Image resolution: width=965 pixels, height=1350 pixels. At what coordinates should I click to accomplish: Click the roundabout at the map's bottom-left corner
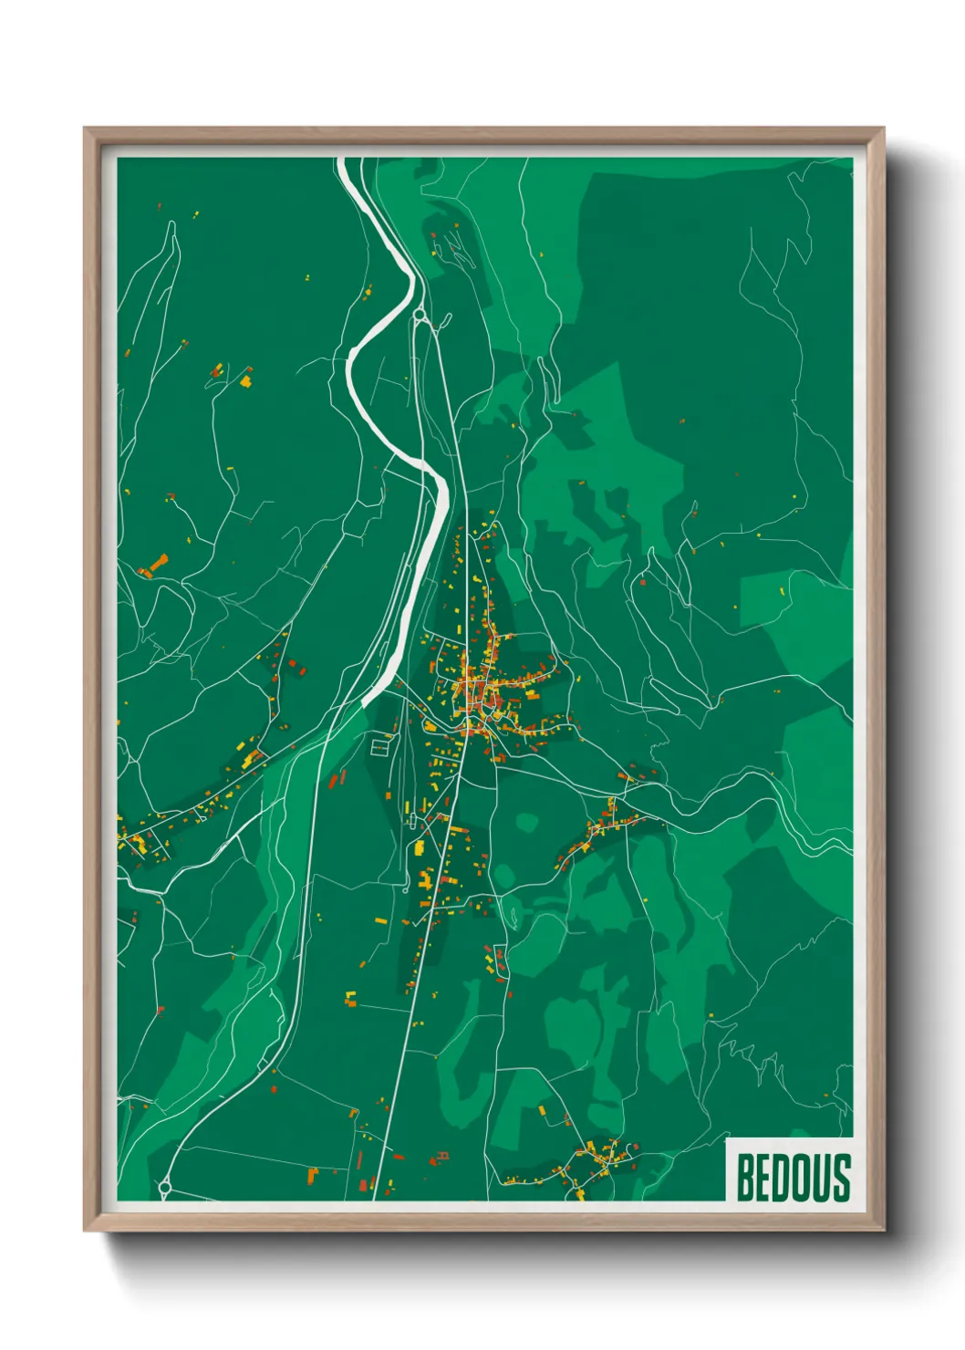(x=165, y=1188)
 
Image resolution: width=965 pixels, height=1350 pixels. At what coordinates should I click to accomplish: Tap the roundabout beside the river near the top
(x=419, y=315)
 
